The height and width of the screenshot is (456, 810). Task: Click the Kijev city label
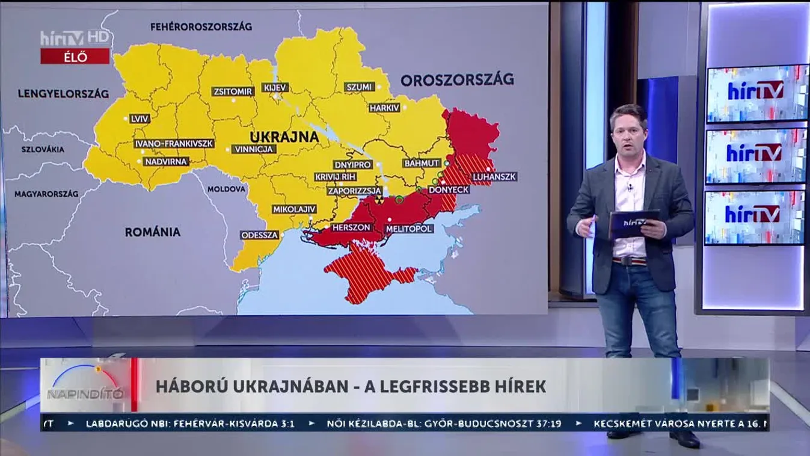pyautogui.click(x=276, y=88)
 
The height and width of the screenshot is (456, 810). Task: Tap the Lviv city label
pyautogui.click(x=140, y=119)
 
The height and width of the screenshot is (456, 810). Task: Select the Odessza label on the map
pyautogui.click(x=260, y=235)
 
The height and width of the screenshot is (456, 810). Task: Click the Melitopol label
pyautogui.click(x=409, y=229)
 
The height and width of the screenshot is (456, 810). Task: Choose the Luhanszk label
pyautogui.click(x=494, y=177)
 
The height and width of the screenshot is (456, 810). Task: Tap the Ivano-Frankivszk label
pyautogui.click(x=174, y=144)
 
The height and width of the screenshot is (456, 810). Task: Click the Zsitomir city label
pyautogui.click(x=232, y=92)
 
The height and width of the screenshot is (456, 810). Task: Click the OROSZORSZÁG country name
pyautogui.click(x=457, y=79)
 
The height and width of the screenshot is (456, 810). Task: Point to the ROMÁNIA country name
pyautogui.click(x=152, y=232)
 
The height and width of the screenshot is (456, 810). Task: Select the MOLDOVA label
pyautogui.click(x=227, y=189)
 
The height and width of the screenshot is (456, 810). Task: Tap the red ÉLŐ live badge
pyautogui.click(x=75, y=57)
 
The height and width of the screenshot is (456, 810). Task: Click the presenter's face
pyautogui.click(x=628, y=134)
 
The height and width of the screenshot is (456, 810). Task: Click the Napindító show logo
pyautogui.click(x=85, y=385)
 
